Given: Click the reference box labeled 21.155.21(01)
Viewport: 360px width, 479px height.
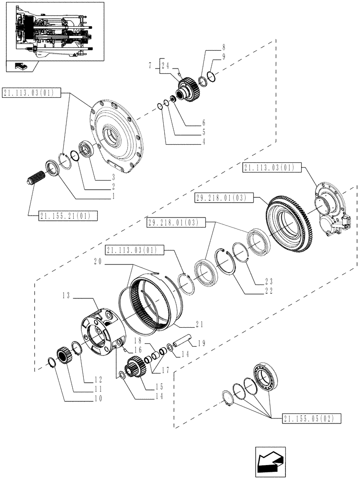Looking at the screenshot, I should click(68, 216).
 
